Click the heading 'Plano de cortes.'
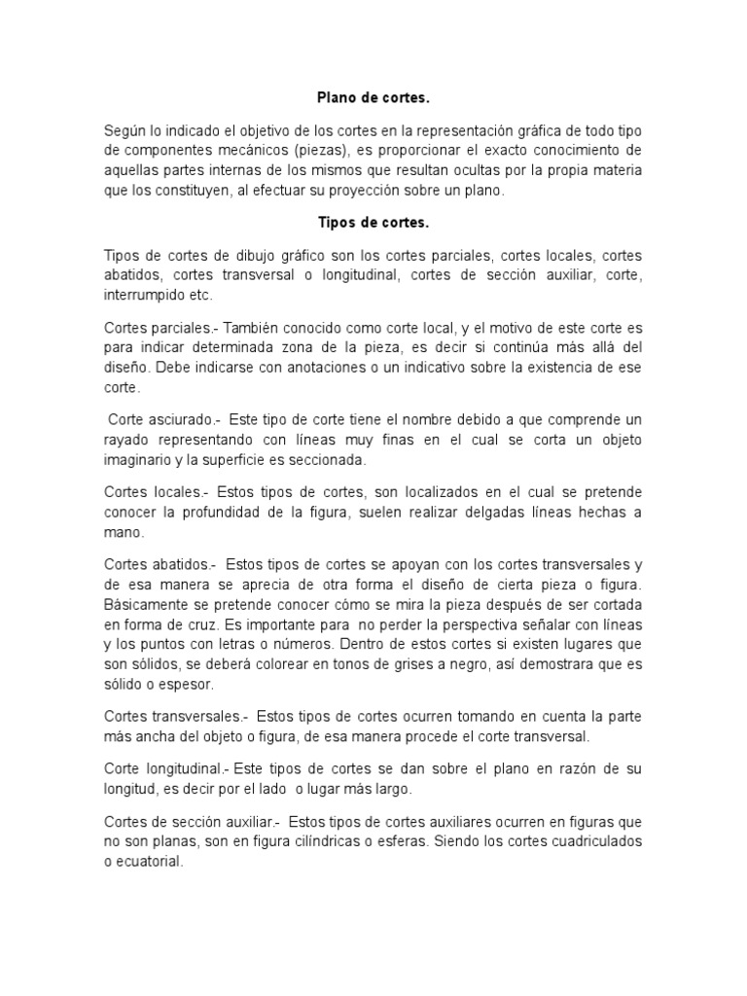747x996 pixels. pyautogui.click(x=373, y=97)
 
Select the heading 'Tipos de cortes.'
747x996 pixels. pyautogui.click(x=373, y=224)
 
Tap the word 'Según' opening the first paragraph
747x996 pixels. pyautogui.click(x=125, y=131)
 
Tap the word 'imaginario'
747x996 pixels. pyautogui.click(x=139, y=459)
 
